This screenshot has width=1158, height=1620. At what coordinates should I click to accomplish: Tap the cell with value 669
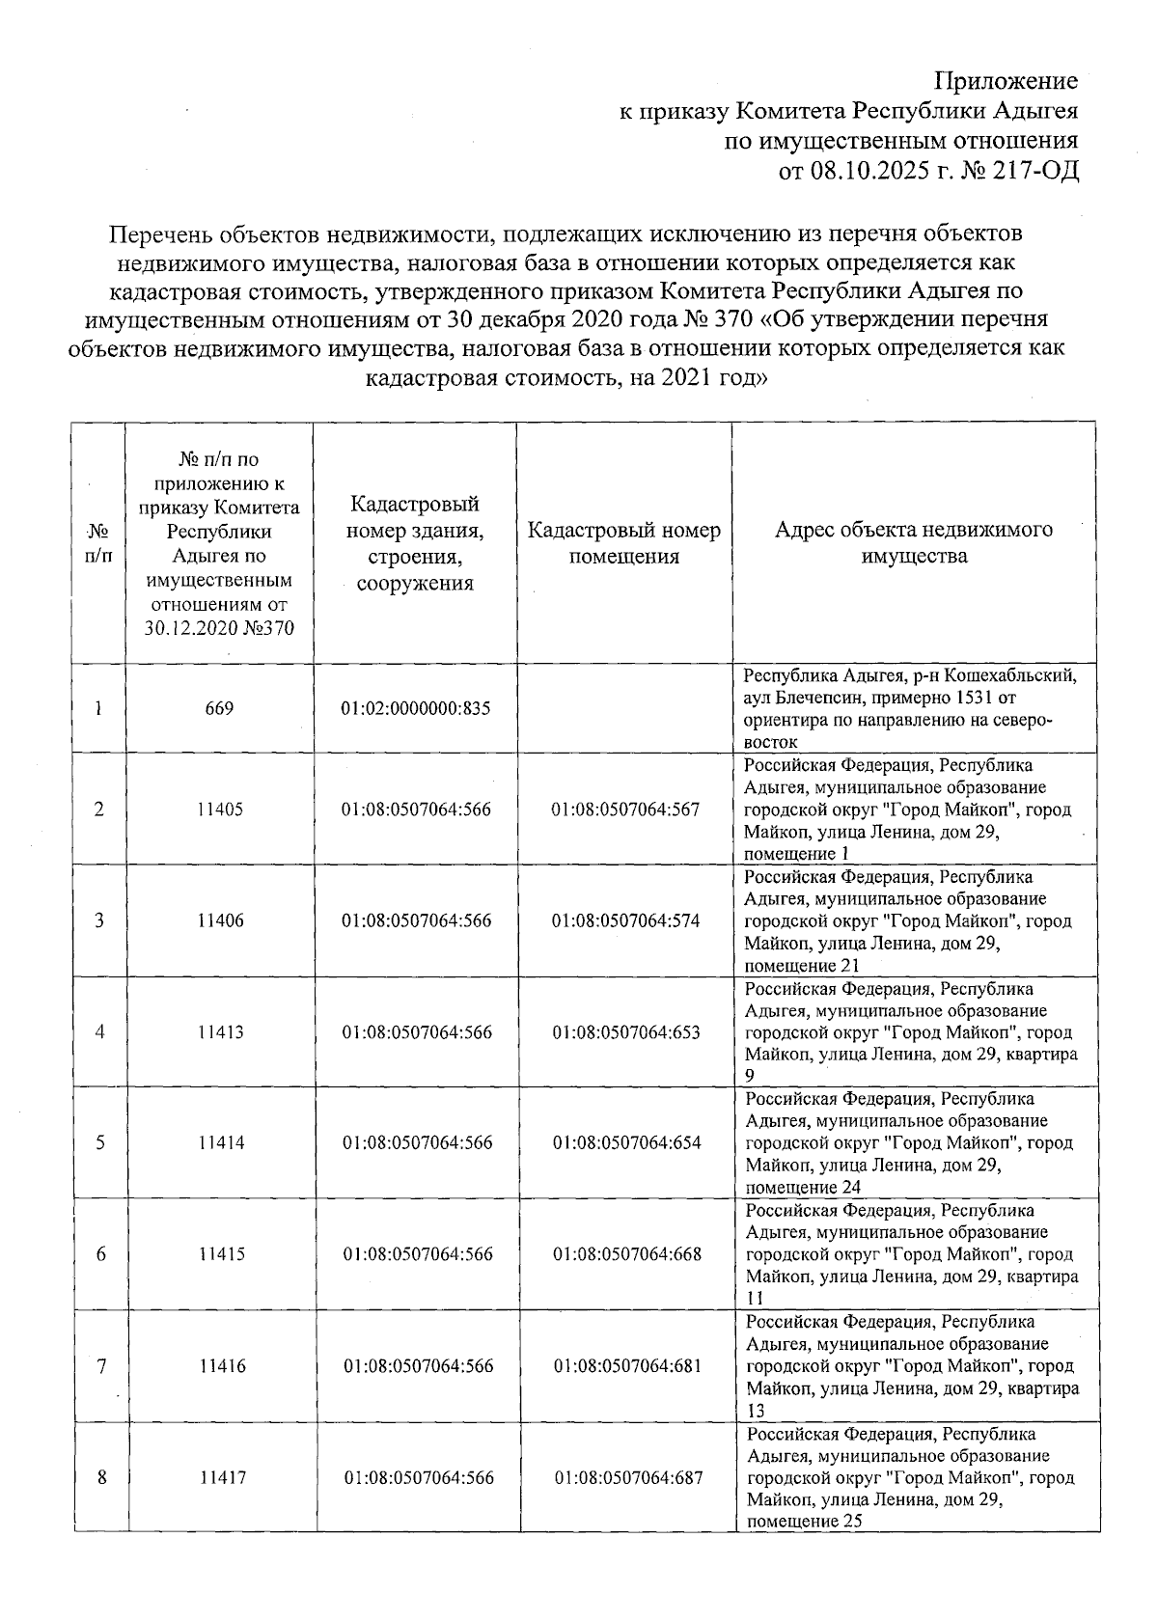click(219, 708)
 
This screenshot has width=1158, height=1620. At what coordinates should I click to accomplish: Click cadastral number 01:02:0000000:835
click(416, 708)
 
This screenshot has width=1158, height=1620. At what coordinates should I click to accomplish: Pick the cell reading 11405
click(220, 810)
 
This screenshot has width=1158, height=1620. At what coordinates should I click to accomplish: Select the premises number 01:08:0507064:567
click(625, 810)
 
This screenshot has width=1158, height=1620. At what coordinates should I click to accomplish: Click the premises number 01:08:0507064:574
click(625, 920)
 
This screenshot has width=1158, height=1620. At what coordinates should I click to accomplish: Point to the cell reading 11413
click(220, 1032)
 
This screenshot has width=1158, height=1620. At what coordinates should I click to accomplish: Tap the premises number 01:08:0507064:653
click(625, 1032)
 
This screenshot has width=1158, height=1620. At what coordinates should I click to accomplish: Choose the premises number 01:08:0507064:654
click(625, 1143)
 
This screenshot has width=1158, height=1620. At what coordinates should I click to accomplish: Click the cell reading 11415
click(221, 1254)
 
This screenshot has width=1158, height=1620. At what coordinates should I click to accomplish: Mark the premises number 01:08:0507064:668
click(626, 1254)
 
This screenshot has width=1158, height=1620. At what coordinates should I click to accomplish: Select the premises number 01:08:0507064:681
click(626, 1366)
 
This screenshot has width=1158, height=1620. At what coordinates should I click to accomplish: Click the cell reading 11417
click(222, 1478)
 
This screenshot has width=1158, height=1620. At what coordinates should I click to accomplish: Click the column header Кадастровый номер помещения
click(623, 543)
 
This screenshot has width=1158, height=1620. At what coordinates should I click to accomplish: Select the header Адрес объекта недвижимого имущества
click(913, 542)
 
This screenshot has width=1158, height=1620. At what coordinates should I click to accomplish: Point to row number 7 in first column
click(100, 1366)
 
